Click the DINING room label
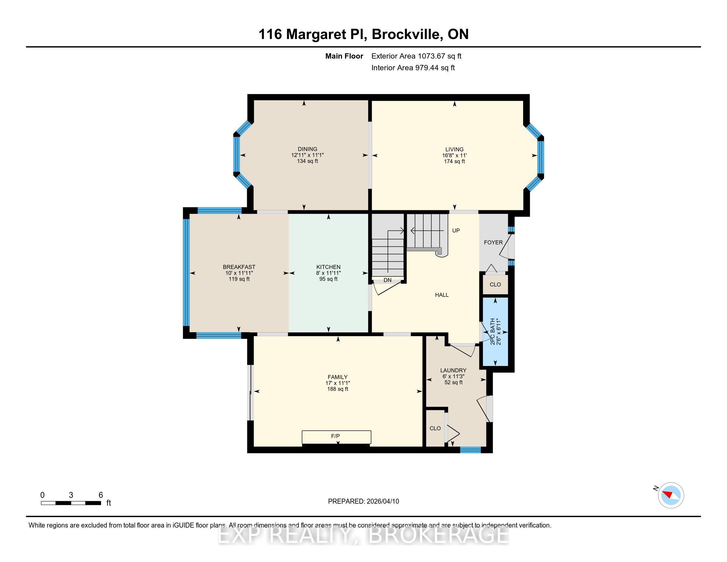click(308, 149)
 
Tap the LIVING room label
click(454, 149)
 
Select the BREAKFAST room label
click(239, 267)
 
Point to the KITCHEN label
click(328, 267)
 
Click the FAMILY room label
click(337, 377)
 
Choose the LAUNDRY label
click(453, 370)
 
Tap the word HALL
click(442, 295)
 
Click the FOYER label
click(493, 242)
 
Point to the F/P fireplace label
click(335, 436)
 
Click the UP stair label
click(456, 230)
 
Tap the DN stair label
click(388, 280)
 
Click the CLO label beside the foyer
click(495, 285)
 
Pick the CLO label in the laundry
click(435, 428)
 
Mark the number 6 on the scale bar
click(100, 495)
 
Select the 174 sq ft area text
click(454, 161)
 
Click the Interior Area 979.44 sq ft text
click(413, 68)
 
